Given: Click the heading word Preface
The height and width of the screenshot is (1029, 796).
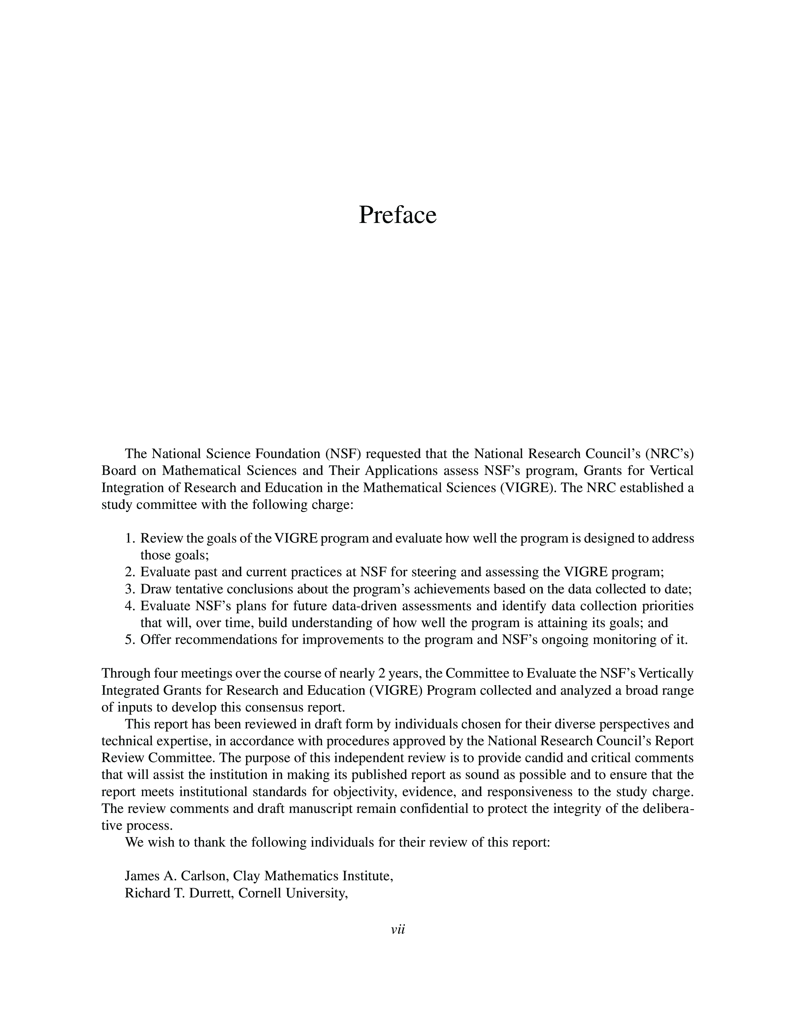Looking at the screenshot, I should pos(397,215).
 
